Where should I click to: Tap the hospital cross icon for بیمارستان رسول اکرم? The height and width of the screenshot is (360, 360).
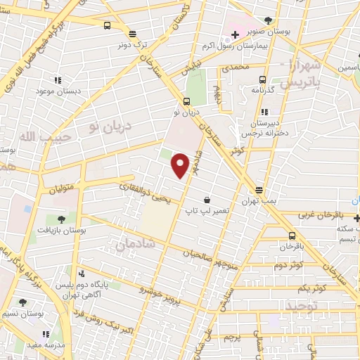point(235,34)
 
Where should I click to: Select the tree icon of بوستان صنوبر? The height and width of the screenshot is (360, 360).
point(268,20)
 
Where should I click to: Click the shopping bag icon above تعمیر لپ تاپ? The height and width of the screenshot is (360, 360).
point(206,200)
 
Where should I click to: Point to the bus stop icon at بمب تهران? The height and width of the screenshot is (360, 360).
point(259,190)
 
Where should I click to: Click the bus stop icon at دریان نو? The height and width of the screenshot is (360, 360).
point(186,101)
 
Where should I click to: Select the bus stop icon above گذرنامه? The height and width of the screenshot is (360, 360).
point(262,79)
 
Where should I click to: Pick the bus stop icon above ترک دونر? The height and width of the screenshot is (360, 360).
point(131,33)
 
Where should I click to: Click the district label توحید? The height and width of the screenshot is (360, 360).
point(303,307)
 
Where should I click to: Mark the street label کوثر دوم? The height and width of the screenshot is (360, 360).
point(288,266)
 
